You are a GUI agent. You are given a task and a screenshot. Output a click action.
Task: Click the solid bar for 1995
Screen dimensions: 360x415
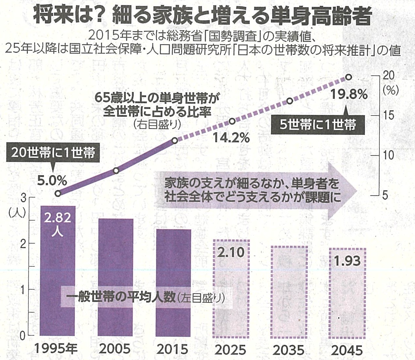coord(58,272)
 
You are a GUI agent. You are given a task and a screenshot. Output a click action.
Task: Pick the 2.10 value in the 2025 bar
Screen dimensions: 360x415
coord(231,252)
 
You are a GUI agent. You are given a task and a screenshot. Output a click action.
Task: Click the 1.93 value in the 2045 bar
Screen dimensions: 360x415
coord(347,261)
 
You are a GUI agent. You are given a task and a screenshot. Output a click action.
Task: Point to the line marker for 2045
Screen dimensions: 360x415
coord(348,77)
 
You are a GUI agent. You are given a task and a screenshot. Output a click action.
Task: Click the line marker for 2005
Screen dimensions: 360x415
coord(116,171)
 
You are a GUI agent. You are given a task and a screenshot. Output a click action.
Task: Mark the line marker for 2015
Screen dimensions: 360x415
coord(174,140)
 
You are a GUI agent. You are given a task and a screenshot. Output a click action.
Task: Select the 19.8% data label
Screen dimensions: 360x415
coord(349,95)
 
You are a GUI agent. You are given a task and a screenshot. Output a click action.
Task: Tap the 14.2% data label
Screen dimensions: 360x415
coord(231,138)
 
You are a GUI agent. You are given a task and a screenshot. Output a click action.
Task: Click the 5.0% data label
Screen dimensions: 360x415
coord(52,180)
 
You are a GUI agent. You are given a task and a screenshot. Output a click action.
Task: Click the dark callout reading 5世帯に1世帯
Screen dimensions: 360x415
coord(318,125)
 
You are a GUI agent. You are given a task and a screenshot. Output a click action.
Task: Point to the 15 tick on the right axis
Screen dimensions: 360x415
coord(389,116)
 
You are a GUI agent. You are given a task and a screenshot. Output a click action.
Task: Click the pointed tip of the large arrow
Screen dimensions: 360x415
coord(357,191)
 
